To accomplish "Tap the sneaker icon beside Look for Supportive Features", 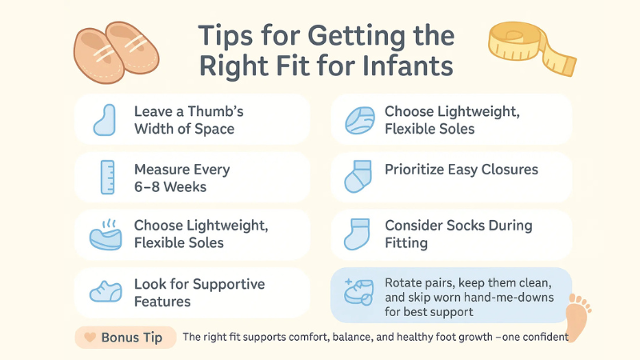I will tap(105, 291).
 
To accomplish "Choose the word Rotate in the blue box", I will tap(405, 282).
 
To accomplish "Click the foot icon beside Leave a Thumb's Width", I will tap(105, 120).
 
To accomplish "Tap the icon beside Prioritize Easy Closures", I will tap(358, 176).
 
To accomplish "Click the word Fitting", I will tap(406, 242).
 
